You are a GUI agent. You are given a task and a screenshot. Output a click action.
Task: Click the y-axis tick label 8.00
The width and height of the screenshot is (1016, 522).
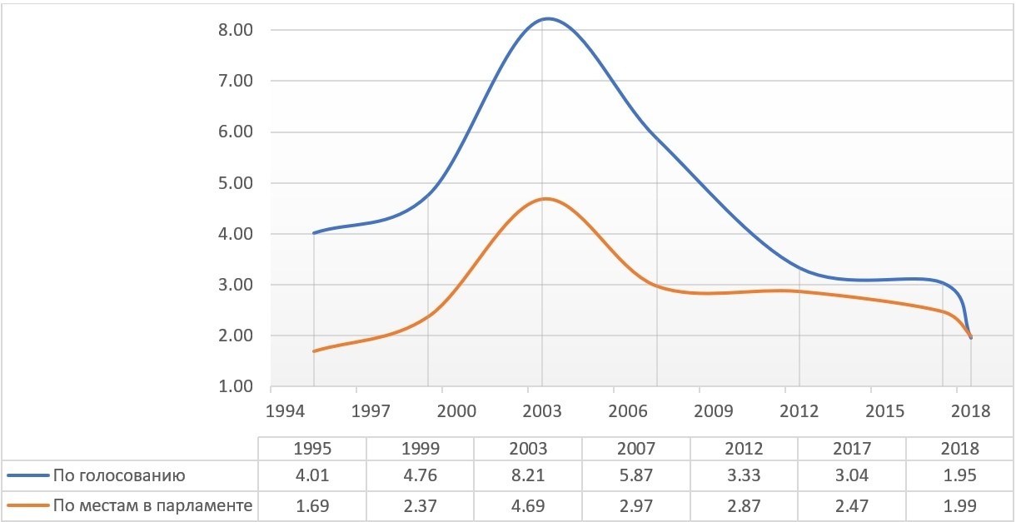point(235,30)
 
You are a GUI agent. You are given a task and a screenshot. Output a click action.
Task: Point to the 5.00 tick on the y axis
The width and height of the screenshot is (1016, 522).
point(235,183)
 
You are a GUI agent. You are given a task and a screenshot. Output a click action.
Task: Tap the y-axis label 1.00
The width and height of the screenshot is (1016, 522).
point(235,387)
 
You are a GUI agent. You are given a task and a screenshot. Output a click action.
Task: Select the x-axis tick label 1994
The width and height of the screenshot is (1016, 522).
point(285,411)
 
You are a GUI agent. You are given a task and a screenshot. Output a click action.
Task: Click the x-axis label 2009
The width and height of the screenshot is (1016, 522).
point(714,411)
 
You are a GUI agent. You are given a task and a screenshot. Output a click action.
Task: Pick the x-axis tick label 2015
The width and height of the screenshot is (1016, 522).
point(885,411)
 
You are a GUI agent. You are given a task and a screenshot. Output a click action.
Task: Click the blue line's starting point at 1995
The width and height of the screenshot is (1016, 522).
point(314,233)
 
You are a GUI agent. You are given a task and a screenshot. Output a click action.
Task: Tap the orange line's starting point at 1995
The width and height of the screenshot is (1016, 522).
point(314,351)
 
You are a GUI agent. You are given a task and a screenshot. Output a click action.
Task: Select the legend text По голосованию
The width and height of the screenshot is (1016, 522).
point(118,476)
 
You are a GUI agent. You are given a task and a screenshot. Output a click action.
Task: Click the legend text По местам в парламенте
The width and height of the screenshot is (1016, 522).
point(152,505)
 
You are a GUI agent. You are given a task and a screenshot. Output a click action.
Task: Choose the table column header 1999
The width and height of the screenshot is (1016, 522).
point(421,448)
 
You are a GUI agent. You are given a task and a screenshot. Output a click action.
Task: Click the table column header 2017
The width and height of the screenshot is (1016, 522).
point(851,448)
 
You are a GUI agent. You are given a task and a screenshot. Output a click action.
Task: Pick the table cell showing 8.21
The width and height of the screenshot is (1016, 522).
point(528,476)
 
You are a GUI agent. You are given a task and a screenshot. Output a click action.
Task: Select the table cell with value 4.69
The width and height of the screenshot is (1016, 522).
point(528,505)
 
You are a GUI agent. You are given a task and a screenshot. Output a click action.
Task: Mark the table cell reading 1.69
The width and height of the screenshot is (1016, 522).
point(313,505)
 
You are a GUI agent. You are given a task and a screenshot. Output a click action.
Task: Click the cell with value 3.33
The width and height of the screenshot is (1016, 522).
point(744,476)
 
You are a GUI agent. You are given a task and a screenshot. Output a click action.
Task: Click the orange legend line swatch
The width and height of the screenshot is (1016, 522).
point(27,505)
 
